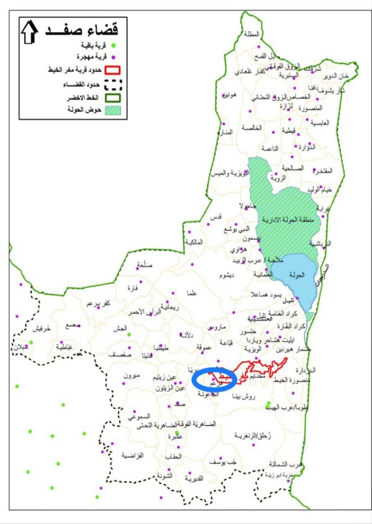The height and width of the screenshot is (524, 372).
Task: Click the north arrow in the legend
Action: [29, 31]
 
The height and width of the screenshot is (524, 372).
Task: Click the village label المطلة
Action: [253, 34]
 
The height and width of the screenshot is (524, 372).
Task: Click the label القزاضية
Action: [132, 455]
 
